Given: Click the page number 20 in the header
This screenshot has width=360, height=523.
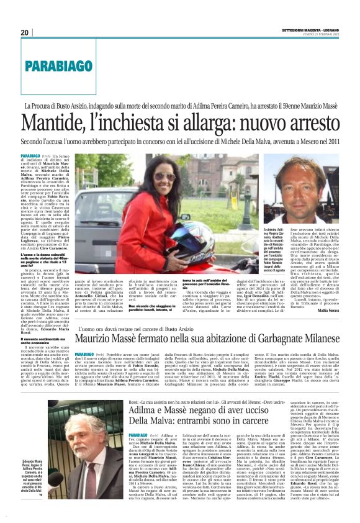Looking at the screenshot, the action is pos(24,32).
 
